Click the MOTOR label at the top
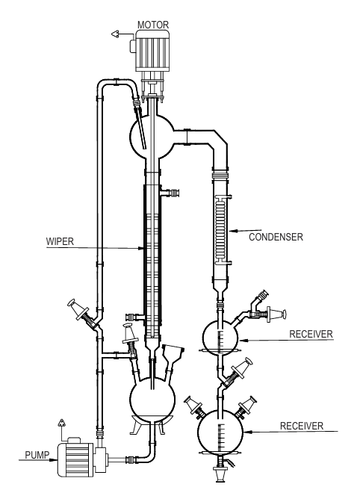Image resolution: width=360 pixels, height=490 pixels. [x=153, y=25]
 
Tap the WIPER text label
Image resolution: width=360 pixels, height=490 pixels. [x=60, y=241]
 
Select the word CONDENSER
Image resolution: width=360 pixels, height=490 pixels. [x=276, y=237]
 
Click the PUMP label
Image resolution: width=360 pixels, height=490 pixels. [x=37, y=455]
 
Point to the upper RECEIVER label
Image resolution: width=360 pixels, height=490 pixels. [x=311, y=334]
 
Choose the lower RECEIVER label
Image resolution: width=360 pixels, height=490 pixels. [x=302, y=426]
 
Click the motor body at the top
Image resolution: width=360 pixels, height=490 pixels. [x=152, y=50]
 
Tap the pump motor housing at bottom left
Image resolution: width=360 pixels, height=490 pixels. [x=75, y=459]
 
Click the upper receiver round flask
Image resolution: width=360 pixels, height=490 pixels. [x=220, y=338]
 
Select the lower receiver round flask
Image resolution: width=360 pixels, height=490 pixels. [x=220, y=432]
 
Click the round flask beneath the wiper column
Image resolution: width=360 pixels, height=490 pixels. [x=152, y=399]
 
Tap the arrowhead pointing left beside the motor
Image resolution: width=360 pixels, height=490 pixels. [x=115, y=34]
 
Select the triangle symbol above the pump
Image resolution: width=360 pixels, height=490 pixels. [x=61, y=423]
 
